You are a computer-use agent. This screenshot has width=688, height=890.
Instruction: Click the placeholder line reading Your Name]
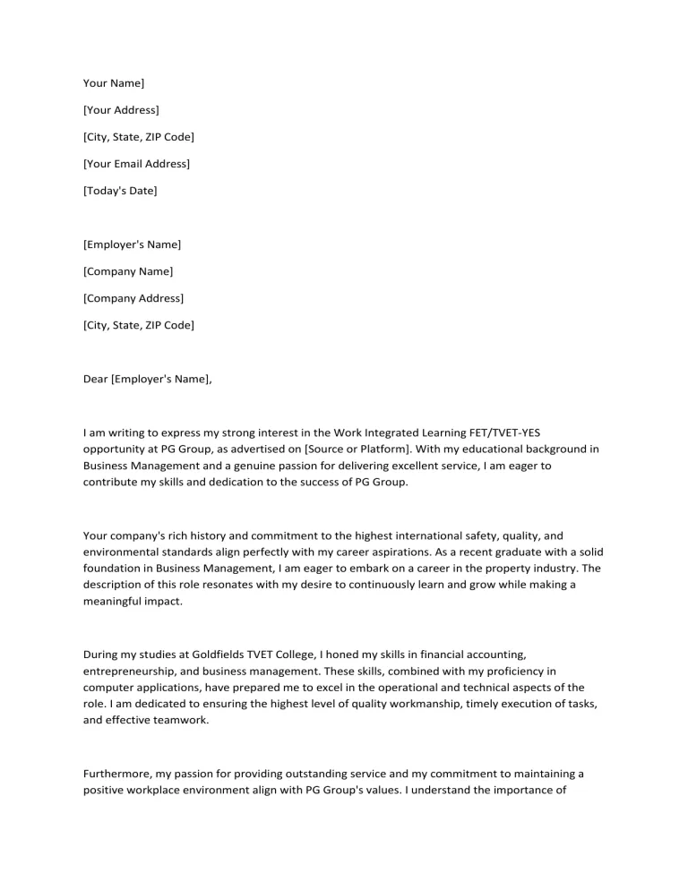pyautogui.click(x=113, y=83)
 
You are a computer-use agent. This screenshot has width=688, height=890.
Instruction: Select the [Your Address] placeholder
pyautogui.click(x=121, y=110)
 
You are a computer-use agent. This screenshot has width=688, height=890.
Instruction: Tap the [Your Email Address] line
pyautogui.click(x=136, y=164)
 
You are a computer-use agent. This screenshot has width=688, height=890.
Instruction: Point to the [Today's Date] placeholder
pyautogui.click(x=120, y=191)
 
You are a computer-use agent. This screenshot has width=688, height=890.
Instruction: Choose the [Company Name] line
pyautogui.click(x=128, y=271)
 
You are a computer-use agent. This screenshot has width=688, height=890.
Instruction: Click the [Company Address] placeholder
pyautogui.click(x=133, y=298)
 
